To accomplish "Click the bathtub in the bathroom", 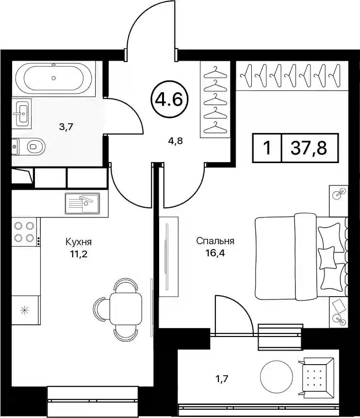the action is (53, 78).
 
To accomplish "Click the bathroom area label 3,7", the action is (66, 127).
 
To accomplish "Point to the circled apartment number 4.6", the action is (170, 100).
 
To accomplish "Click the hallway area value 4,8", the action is (175, 140).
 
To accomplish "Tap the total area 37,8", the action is (309, 148).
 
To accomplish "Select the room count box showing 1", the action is (267, 148).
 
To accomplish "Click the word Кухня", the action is (79, 242).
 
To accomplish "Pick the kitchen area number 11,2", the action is (79, 254).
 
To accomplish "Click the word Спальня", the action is (215, 241).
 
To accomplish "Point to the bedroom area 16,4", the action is (215, 253).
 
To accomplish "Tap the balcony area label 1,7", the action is (222, 379).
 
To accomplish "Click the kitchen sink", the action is (82, 203).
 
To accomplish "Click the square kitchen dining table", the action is (126, 308).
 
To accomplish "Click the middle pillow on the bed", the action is (327, 257).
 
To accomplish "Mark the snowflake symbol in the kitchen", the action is (24, 310).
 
